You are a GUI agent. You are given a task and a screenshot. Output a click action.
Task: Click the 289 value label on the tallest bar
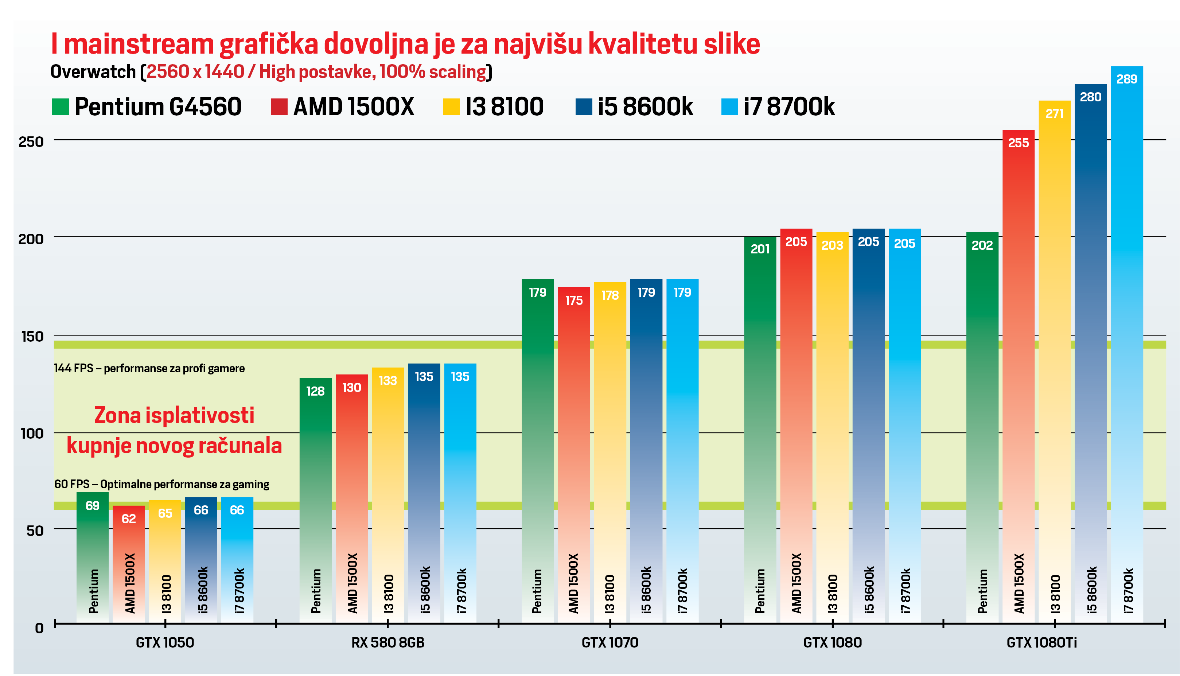click(x=1127, y=79)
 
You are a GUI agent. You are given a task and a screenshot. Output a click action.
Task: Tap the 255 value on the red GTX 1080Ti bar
click(x=1018, y=143)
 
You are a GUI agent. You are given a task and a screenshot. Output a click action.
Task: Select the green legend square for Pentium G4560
click(x=61, y=107)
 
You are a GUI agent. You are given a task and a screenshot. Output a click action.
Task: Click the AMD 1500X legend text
click(x=353, y=107)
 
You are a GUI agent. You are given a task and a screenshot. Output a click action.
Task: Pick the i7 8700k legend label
click(x=789, y=107)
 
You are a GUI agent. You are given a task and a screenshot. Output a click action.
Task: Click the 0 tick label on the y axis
click(x=39, y=628)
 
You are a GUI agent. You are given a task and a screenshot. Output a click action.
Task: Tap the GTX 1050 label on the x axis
click(x=165, y=642)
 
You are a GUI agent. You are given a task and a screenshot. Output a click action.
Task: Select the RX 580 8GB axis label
click(x=388, y=642)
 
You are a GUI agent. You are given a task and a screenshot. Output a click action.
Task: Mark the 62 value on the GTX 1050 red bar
click(x=129, y=518)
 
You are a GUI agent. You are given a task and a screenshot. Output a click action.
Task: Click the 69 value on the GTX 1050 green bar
click(x=92, y=506)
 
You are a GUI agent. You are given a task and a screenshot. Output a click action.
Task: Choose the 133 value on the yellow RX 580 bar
click(x=388, y=381)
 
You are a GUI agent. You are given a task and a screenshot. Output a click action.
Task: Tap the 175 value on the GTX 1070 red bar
click(x=574, y=300)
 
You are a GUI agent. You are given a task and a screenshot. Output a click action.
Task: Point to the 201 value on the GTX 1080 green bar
click(x=760, y=249)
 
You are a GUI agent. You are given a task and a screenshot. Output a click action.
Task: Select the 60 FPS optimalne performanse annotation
click(x=161, y=484)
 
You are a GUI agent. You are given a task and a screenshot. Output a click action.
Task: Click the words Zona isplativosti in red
click(x=174, y=415)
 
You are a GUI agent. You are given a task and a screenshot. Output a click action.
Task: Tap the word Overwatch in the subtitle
click(x=93, y=72)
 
